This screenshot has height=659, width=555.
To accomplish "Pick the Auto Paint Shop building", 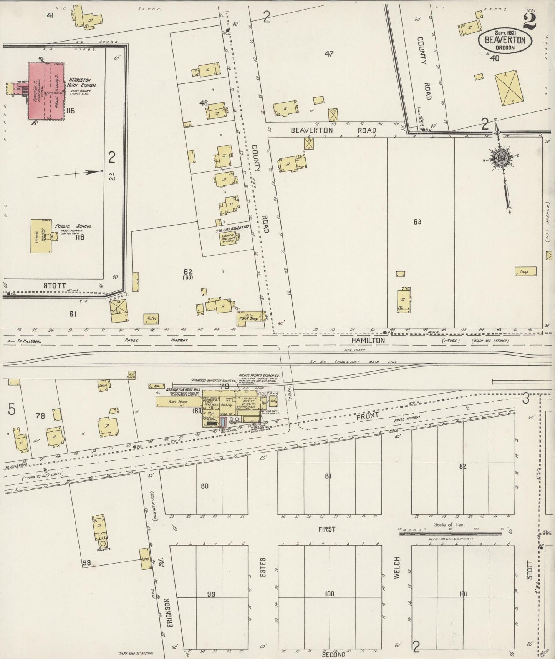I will click(250, 318).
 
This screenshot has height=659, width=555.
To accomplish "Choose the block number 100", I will click(329, 594).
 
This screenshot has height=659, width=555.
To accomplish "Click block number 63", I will click(417, 222).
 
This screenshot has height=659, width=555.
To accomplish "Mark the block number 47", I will click(329, 54).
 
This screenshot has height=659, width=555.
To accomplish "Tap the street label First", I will click(327, 529).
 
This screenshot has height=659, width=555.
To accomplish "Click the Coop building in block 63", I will click(525, 272).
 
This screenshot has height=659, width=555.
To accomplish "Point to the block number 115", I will click(70, 111).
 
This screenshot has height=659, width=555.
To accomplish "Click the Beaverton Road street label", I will click(333, 130).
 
